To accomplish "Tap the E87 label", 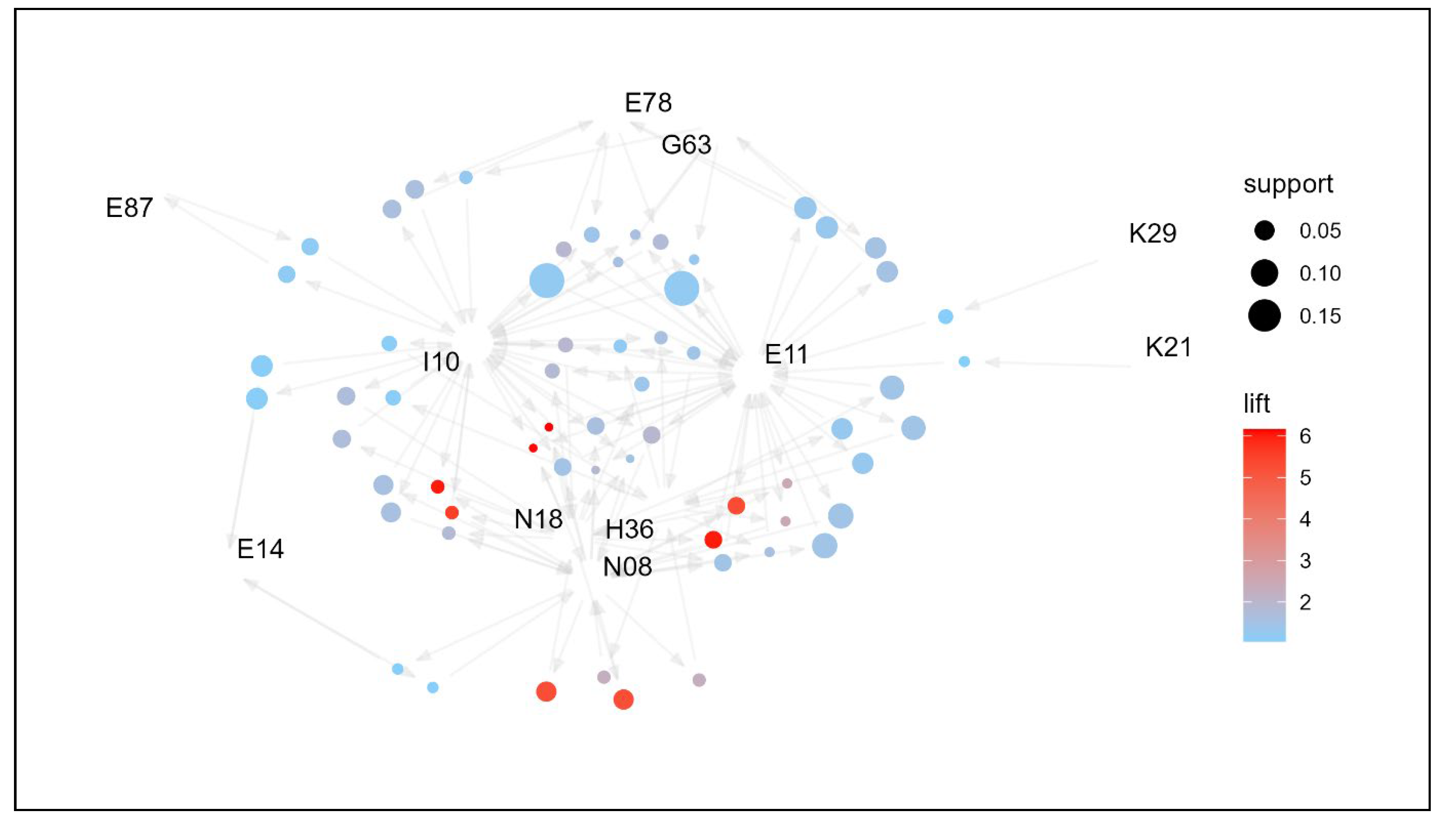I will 129,208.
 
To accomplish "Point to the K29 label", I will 1152,233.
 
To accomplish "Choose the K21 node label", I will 1168,347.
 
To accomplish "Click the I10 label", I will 441,362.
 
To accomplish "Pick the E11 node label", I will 786,354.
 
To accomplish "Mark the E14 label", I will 260,549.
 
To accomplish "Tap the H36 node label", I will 629,530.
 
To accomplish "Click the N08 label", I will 628,567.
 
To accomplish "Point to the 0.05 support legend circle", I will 1264,230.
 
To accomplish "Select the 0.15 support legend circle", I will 1264,315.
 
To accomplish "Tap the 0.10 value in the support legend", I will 1320,274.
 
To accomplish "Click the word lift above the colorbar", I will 1257,404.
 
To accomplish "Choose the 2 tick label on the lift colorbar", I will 1305,602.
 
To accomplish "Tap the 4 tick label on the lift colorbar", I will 1305,519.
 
